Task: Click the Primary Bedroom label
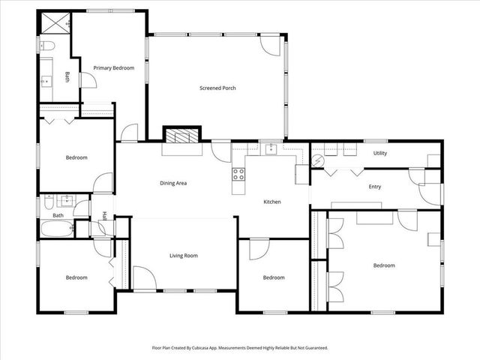click(x=113, y=68)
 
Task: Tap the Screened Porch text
click(x=217, y=88)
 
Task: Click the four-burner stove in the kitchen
click(x=239, y=175)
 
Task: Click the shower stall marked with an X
click(x=54, y=24)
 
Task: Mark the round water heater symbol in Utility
click(x=318, y=160)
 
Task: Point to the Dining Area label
click(x=173, y=183)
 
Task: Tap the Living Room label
click(x=183, y=256)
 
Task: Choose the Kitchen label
click(x=271, y=202)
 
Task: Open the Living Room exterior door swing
click(x=145, y=279)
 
